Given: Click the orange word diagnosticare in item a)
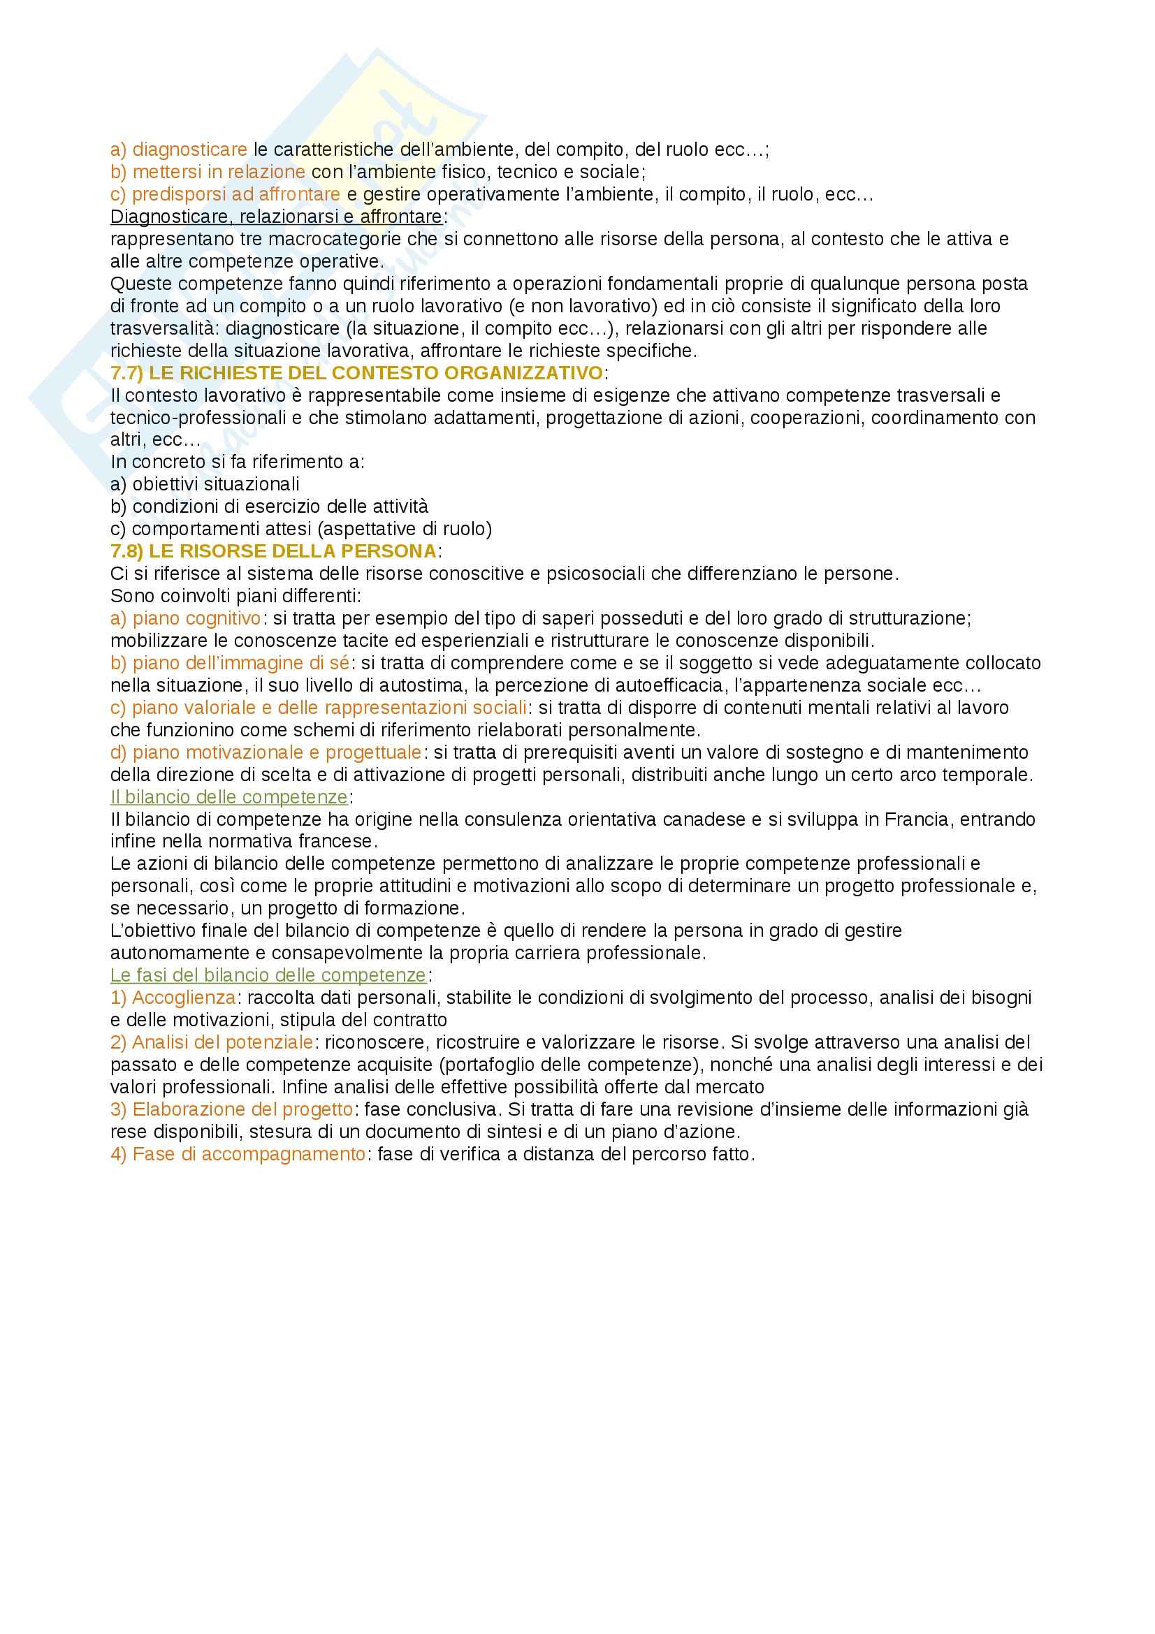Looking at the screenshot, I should click(189, 149).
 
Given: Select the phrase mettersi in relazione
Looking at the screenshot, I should click(219, 172).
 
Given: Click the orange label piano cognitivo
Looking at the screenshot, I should click(196, 618).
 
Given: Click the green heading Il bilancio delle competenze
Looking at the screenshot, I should click(229, 796).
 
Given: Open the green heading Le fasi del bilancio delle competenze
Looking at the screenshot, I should click(268, 975).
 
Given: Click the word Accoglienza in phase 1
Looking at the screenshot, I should click(184, 997).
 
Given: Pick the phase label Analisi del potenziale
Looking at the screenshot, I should click(222, 1042).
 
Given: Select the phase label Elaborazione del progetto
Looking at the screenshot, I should click(242, 1109).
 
